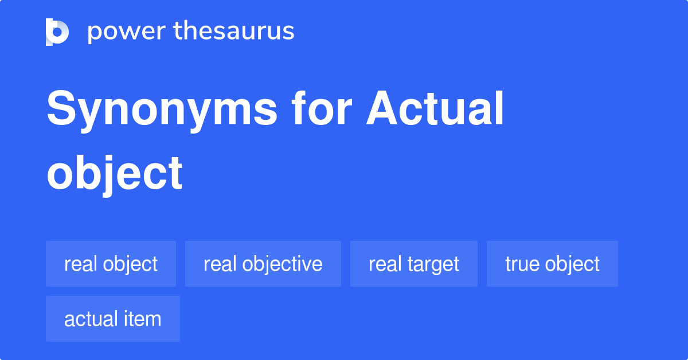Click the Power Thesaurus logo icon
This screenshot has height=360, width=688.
tap(57, 32)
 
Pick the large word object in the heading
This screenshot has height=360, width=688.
tap(115, 173)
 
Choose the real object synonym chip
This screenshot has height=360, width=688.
tap(111, 264)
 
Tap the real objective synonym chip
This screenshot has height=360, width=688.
tap(263, 264)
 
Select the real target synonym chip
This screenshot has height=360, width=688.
tap(413, 264)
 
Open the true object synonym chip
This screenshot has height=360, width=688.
tap(552, 264)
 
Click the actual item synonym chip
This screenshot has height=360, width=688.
tap(112, 319)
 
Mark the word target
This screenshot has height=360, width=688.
tap(432, 264)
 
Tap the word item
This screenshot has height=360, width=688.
tap(145, 319)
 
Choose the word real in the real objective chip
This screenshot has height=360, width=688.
tap(219, 264)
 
